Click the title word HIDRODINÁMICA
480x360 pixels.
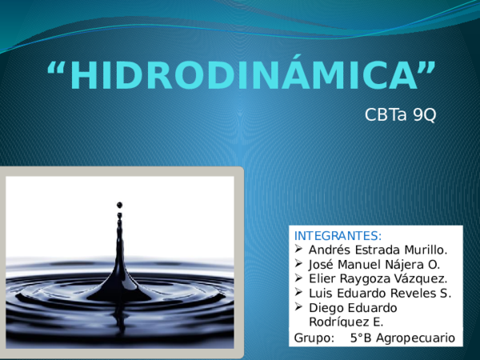242,75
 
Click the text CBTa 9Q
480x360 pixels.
400,115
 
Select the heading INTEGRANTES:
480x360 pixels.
338,236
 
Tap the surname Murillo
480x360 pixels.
433,250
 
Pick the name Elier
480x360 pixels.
323,278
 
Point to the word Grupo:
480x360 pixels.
314,338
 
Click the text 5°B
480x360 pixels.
362,338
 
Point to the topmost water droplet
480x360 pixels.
120,206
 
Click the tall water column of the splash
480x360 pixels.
120,256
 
